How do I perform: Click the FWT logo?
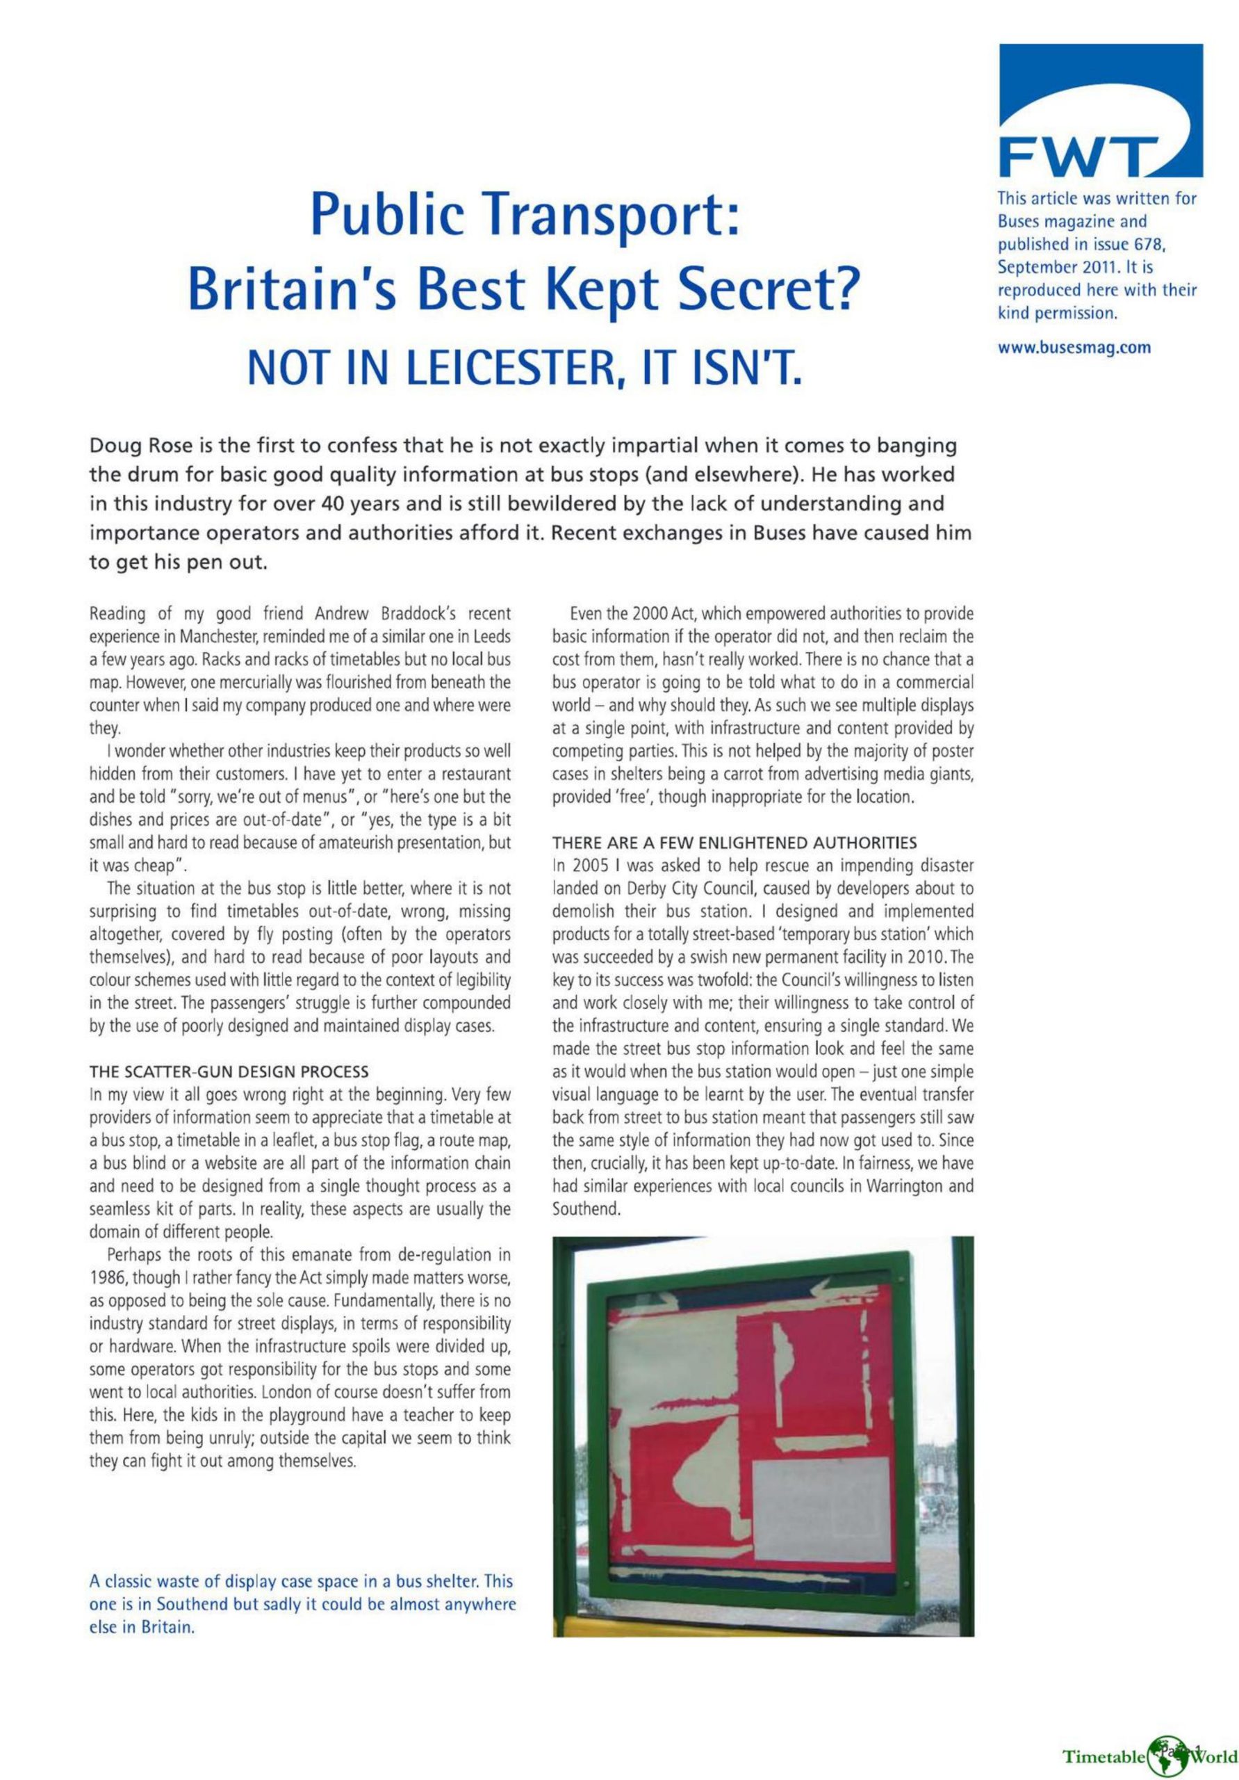click(x=1099, y=113)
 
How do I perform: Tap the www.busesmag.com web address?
click(x=1072, y=348)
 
